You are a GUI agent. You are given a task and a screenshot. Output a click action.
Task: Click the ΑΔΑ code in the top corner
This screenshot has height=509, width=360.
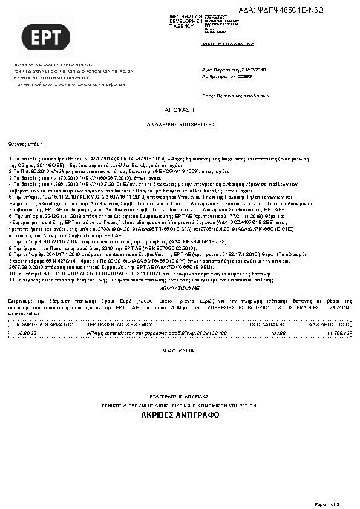click(x=307, y=10)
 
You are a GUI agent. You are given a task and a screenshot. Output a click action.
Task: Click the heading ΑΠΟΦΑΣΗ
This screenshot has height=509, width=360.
click(x=179, y=111)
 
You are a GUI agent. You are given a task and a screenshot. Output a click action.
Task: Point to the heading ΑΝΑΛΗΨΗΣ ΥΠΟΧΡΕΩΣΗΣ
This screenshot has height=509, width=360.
click(x=179, y=123)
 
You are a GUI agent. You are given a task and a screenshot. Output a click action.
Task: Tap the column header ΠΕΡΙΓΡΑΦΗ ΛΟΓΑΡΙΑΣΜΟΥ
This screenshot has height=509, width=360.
click(x=116, y=324)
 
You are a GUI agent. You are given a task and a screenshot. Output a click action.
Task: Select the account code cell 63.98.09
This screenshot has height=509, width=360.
click(x=27, y=333)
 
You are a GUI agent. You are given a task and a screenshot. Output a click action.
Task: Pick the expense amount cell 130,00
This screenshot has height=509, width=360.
click(x=278, y=333)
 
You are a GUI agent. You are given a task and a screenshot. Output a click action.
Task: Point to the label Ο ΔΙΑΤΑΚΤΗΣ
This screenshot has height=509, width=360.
click(x=179, y=350)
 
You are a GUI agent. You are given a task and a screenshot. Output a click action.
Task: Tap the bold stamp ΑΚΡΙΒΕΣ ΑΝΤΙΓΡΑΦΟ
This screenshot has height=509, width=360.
click(x=179, y=415)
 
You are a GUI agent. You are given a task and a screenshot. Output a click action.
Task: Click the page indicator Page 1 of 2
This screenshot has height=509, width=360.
click(x=328, y=504)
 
